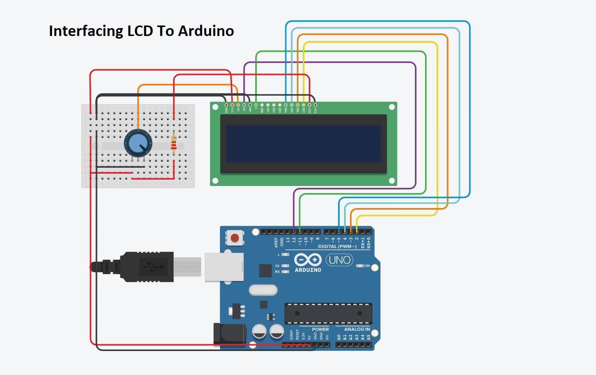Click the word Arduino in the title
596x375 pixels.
(206, 31)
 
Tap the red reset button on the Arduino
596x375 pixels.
(235, 238)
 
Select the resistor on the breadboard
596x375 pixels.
(174, 142)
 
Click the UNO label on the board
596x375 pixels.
(340, 260)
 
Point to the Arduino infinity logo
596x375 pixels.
(308, 259)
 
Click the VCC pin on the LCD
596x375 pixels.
(232, 105)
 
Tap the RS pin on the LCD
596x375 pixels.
(244, 105)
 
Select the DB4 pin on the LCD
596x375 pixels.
(286, 105)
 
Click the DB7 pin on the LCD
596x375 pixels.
(304, 105)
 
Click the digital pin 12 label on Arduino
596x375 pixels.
(294, 240)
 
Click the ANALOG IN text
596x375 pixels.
(357, 329)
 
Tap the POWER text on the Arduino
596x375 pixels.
(320, 329)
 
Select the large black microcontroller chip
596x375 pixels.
(328, 313)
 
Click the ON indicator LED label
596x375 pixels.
(367, 266)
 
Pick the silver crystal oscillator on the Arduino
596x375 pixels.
(263, 290)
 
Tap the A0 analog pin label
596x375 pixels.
(338, 337)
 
